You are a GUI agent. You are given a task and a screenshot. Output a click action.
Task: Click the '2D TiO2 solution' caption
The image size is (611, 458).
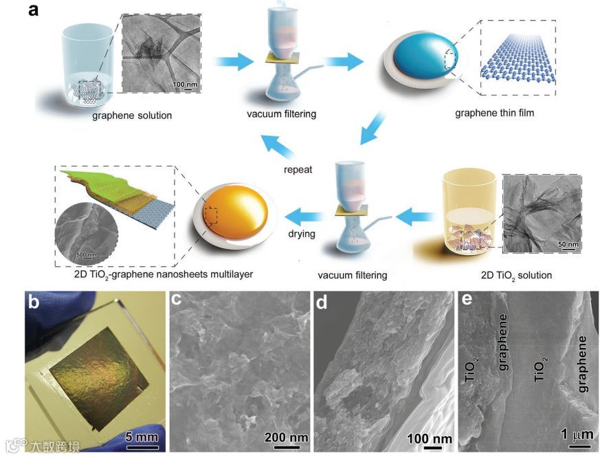tap(513, 276)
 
